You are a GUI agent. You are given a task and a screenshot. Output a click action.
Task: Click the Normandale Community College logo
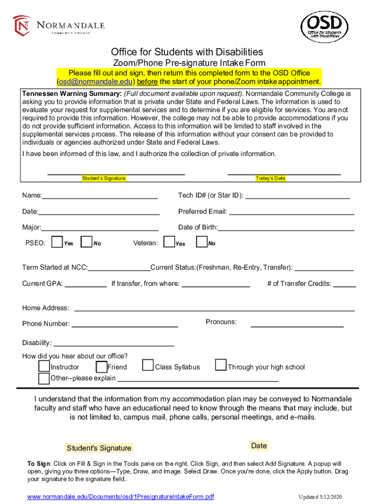[59, 26]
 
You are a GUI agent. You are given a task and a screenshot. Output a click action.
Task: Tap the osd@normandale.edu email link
[96, 81]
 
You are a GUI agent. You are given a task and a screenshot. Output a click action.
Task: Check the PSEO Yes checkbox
[57, 242]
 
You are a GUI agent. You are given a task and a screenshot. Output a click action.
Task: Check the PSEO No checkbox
[87, 242]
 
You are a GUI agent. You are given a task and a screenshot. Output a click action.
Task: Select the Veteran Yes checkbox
[169, 242]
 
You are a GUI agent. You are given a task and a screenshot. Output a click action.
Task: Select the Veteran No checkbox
[202, 242]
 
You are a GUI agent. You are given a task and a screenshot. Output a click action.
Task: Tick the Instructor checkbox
[44, 367]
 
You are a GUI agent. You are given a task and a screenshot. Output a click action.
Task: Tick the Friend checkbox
[101, 367]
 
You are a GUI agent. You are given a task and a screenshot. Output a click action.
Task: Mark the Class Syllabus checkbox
[148, 365]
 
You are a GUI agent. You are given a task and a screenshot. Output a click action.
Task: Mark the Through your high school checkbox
[221, 365]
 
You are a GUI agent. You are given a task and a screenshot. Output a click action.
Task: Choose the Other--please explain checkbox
[44, 378]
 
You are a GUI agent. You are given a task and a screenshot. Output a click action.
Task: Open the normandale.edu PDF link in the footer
[121, 496]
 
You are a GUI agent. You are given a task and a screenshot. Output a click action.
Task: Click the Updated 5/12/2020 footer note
[324, 497]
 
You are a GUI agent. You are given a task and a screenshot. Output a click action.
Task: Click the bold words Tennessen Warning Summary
[71, 93]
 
